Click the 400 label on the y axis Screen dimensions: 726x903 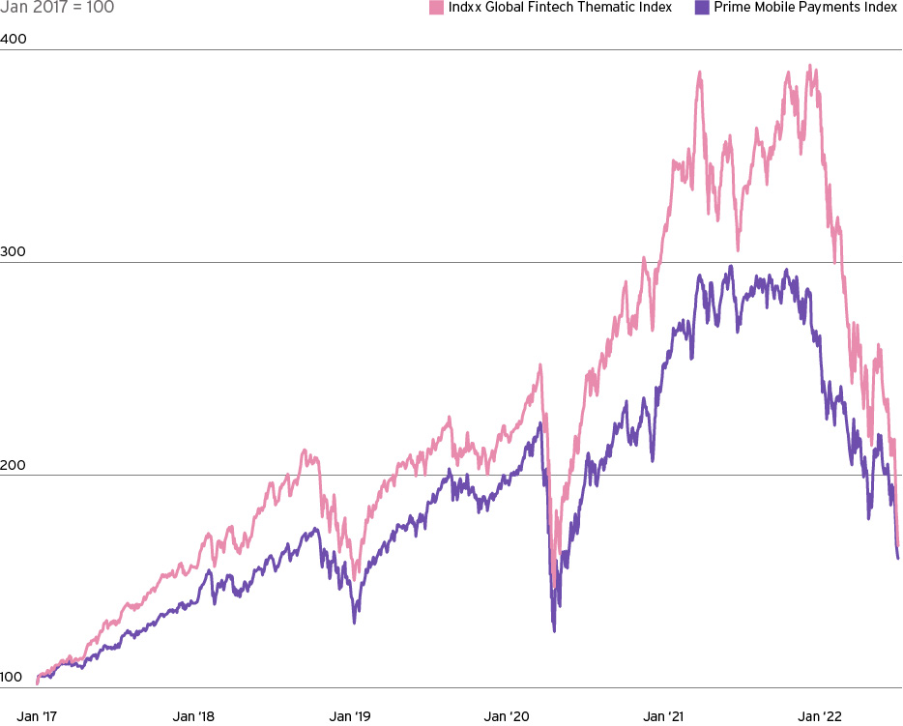[x=14, y=40]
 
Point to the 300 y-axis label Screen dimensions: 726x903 [x=14, y=252]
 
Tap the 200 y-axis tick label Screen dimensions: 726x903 [x=14, y=465]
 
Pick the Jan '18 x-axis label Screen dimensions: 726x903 [x=194, y=716]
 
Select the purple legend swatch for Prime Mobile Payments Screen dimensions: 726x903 [x=702, y=8]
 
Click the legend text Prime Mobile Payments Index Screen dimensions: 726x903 [x=805, y=8]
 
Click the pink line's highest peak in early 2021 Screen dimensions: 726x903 [x=699, y=72]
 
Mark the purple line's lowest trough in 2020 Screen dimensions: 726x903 [x=554, y=630]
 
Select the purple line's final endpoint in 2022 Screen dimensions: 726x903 [x=898, y=558]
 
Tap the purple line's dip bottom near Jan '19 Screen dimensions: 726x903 [x=354, y=622]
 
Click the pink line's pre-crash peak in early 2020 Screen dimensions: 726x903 [x=540, y=364]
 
